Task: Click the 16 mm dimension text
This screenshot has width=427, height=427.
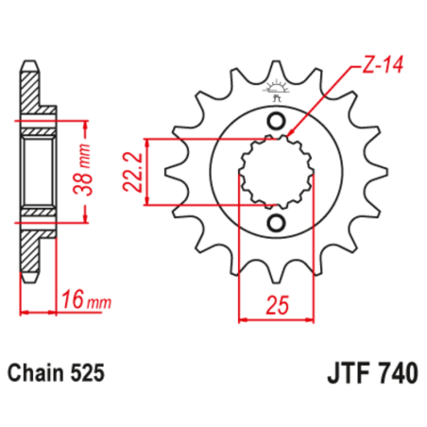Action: pos(83,301)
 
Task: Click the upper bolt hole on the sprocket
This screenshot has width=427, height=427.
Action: pos(277,121)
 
